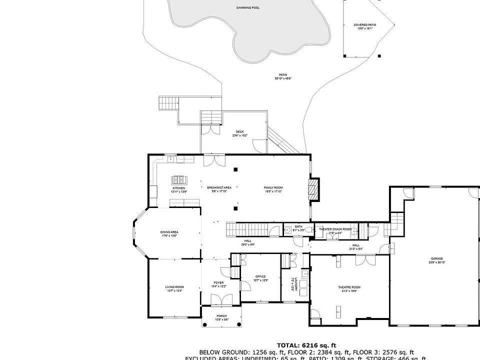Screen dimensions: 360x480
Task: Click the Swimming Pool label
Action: click(247, 8)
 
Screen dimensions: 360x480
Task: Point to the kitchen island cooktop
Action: click(178, 179)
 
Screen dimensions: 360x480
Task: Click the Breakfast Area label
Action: click(218, 189)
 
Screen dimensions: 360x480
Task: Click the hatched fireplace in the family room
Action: click(313, 189)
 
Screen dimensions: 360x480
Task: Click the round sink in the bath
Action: click(287, 230)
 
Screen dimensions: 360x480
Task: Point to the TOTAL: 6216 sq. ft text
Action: click(306, 345)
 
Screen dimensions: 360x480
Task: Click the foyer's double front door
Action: click(220, 300)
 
